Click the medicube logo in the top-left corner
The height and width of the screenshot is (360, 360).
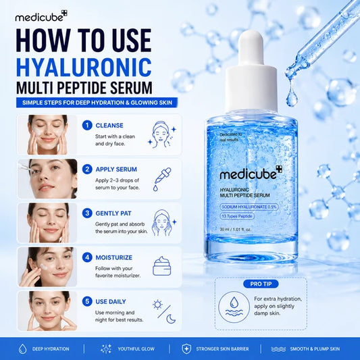point(41,16)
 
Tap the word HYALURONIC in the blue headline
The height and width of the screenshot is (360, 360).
point(84,68)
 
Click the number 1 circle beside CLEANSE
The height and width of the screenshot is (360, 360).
point(87,126)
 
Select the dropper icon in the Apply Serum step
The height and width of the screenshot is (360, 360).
point(162,179)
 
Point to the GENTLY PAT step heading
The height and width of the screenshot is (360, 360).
point(113,213)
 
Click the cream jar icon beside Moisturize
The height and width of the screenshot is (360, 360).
point(162,266)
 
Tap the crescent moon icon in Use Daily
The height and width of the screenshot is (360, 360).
point(171,319)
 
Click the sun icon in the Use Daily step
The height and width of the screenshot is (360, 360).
point(158,305)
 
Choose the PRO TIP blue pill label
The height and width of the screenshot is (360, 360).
point(261,284)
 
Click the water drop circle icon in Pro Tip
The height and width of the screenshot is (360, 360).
point(234,307)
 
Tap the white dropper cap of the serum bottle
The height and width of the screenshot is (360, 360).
point(251,71)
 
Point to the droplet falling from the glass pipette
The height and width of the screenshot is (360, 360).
point(292,97)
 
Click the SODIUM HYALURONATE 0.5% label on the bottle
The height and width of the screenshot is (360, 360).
point(249,207)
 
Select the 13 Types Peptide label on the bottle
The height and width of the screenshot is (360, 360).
point(237,216)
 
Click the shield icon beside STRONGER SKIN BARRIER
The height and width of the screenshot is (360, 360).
point(186,349)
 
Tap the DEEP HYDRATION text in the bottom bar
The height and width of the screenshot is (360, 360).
point(51,349)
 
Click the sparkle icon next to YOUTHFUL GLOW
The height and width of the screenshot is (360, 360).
point(106,349)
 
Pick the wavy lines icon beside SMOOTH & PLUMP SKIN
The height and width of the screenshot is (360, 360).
point(278,349)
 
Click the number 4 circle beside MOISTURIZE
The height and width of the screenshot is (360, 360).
point(87,257)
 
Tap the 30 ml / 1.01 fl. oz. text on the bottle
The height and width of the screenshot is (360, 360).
point(236,230)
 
